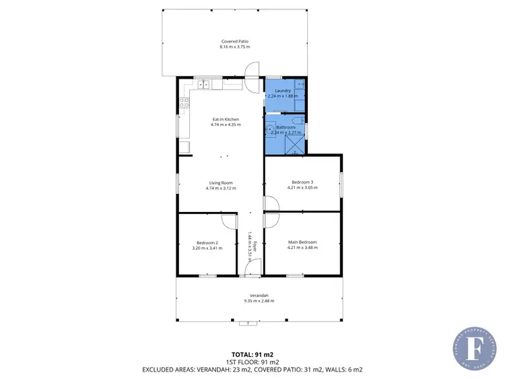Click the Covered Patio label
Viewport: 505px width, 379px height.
pyautogui.click(x=234, y=41)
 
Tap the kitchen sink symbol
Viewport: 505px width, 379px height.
pyautogui.click(x=204, y=84)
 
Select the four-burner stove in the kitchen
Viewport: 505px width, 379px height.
pyautogui.click(x=182, y=104)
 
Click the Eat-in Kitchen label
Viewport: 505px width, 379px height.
pyautogui.click(x=226, y=120)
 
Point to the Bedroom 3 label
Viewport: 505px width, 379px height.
pyautogui.click(x=302, y=182)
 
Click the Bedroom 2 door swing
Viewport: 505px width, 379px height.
pyautogui.click(x=229, y=220)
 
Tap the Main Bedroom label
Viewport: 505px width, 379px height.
pyautogui.click(x=302, y=242)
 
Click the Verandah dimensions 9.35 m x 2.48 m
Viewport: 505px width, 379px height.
pyautogui.click(x=259, y=301)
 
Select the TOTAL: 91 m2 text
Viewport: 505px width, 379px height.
pyautogui.click(x=252, y=353)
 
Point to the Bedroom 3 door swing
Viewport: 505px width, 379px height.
pyautogui.click(x=271, y=203)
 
